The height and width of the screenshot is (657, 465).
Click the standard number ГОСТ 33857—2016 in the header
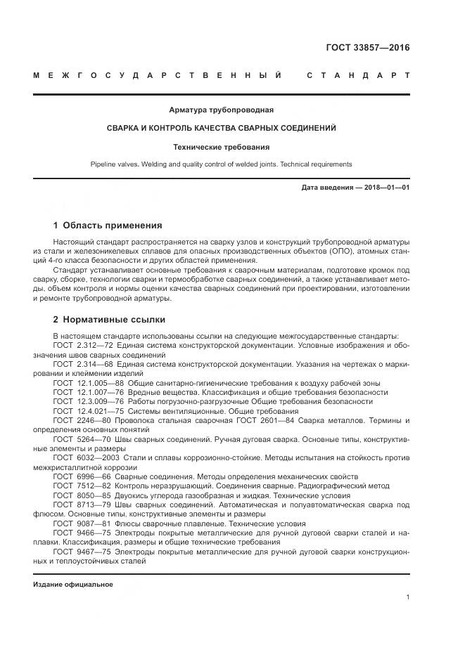367,48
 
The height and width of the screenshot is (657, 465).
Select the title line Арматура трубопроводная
221,110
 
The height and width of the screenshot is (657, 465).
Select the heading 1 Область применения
107,226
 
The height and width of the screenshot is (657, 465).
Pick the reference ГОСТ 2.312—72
83,346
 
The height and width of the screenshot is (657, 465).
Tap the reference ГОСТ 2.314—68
83,364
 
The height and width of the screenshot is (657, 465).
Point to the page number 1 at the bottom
407,597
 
